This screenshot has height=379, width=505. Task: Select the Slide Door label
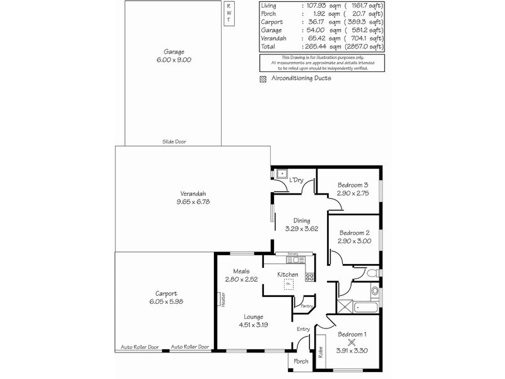(x=174, y=142)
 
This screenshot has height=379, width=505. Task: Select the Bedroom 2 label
(x=353, y=232)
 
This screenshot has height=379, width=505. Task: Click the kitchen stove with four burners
(x=309, y=276)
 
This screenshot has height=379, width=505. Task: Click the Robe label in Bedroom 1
(x=321, y=351)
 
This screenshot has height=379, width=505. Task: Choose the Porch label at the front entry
(x=301, y=362)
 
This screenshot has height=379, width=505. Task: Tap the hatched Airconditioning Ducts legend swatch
(x=263, y=79)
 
